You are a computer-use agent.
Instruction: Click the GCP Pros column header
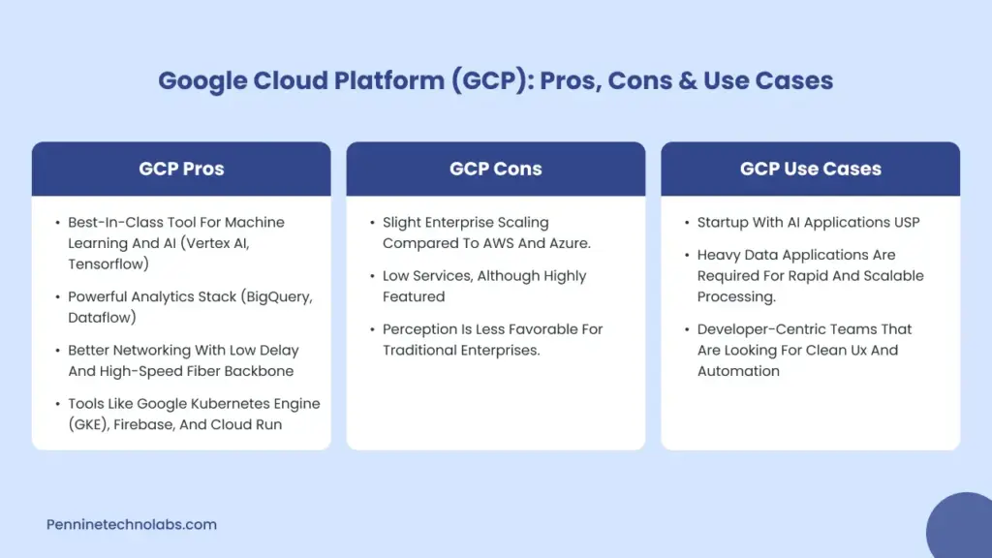181,169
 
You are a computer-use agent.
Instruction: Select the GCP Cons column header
495,169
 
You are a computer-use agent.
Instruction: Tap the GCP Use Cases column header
810,169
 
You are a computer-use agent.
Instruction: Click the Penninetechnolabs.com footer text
132,524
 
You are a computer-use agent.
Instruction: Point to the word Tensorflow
107,263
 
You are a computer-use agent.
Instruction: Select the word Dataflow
103,317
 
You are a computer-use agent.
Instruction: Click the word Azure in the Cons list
565,243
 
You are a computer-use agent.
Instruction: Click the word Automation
738,371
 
